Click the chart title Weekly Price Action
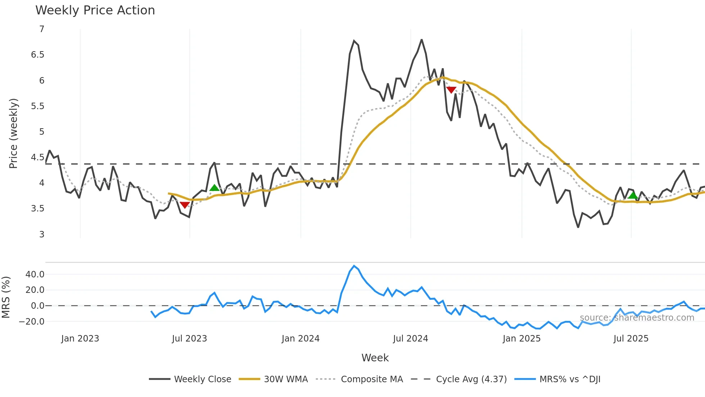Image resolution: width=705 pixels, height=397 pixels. point(95,10)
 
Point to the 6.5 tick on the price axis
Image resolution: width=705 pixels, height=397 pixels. point(38,55)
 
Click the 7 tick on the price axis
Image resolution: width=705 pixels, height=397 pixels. point(42,29)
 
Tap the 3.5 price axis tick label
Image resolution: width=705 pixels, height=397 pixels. point(38,209)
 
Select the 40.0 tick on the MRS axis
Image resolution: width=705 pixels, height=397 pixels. point(35,275)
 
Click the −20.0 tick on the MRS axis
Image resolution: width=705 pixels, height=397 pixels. point(32,321)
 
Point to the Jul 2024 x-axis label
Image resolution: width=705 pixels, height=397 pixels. point(410,339)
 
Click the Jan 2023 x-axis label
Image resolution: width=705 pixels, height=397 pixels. point(80,339)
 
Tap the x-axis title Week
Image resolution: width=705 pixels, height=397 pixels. point(375,358)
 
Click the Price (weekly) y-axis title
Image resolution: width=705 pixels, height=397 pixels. point(13,133)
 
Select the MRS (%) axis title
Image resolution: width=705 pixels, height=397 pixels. point(6,297)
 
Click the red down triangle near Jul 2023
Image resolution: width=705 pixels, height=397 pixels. point(185,205)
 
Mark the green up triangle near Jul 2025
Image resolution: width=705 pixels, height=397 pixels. point(633,195)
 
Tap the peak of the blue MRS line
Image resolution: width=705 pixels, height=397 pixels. point(354,266)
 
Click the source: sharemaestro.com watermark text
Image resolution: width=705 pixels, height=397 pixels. point(637,318)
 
